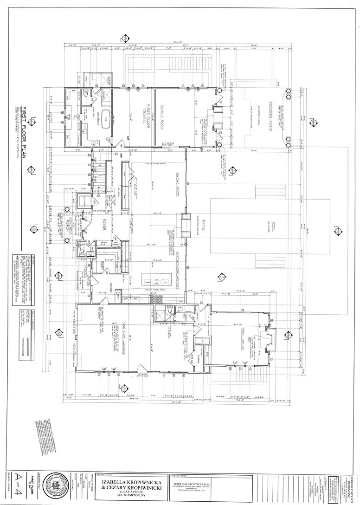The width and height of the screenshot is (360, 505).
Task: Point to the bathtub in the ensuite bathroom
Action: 104,115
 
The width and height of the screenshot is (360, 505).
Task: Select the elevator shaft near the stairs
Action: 85,202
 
